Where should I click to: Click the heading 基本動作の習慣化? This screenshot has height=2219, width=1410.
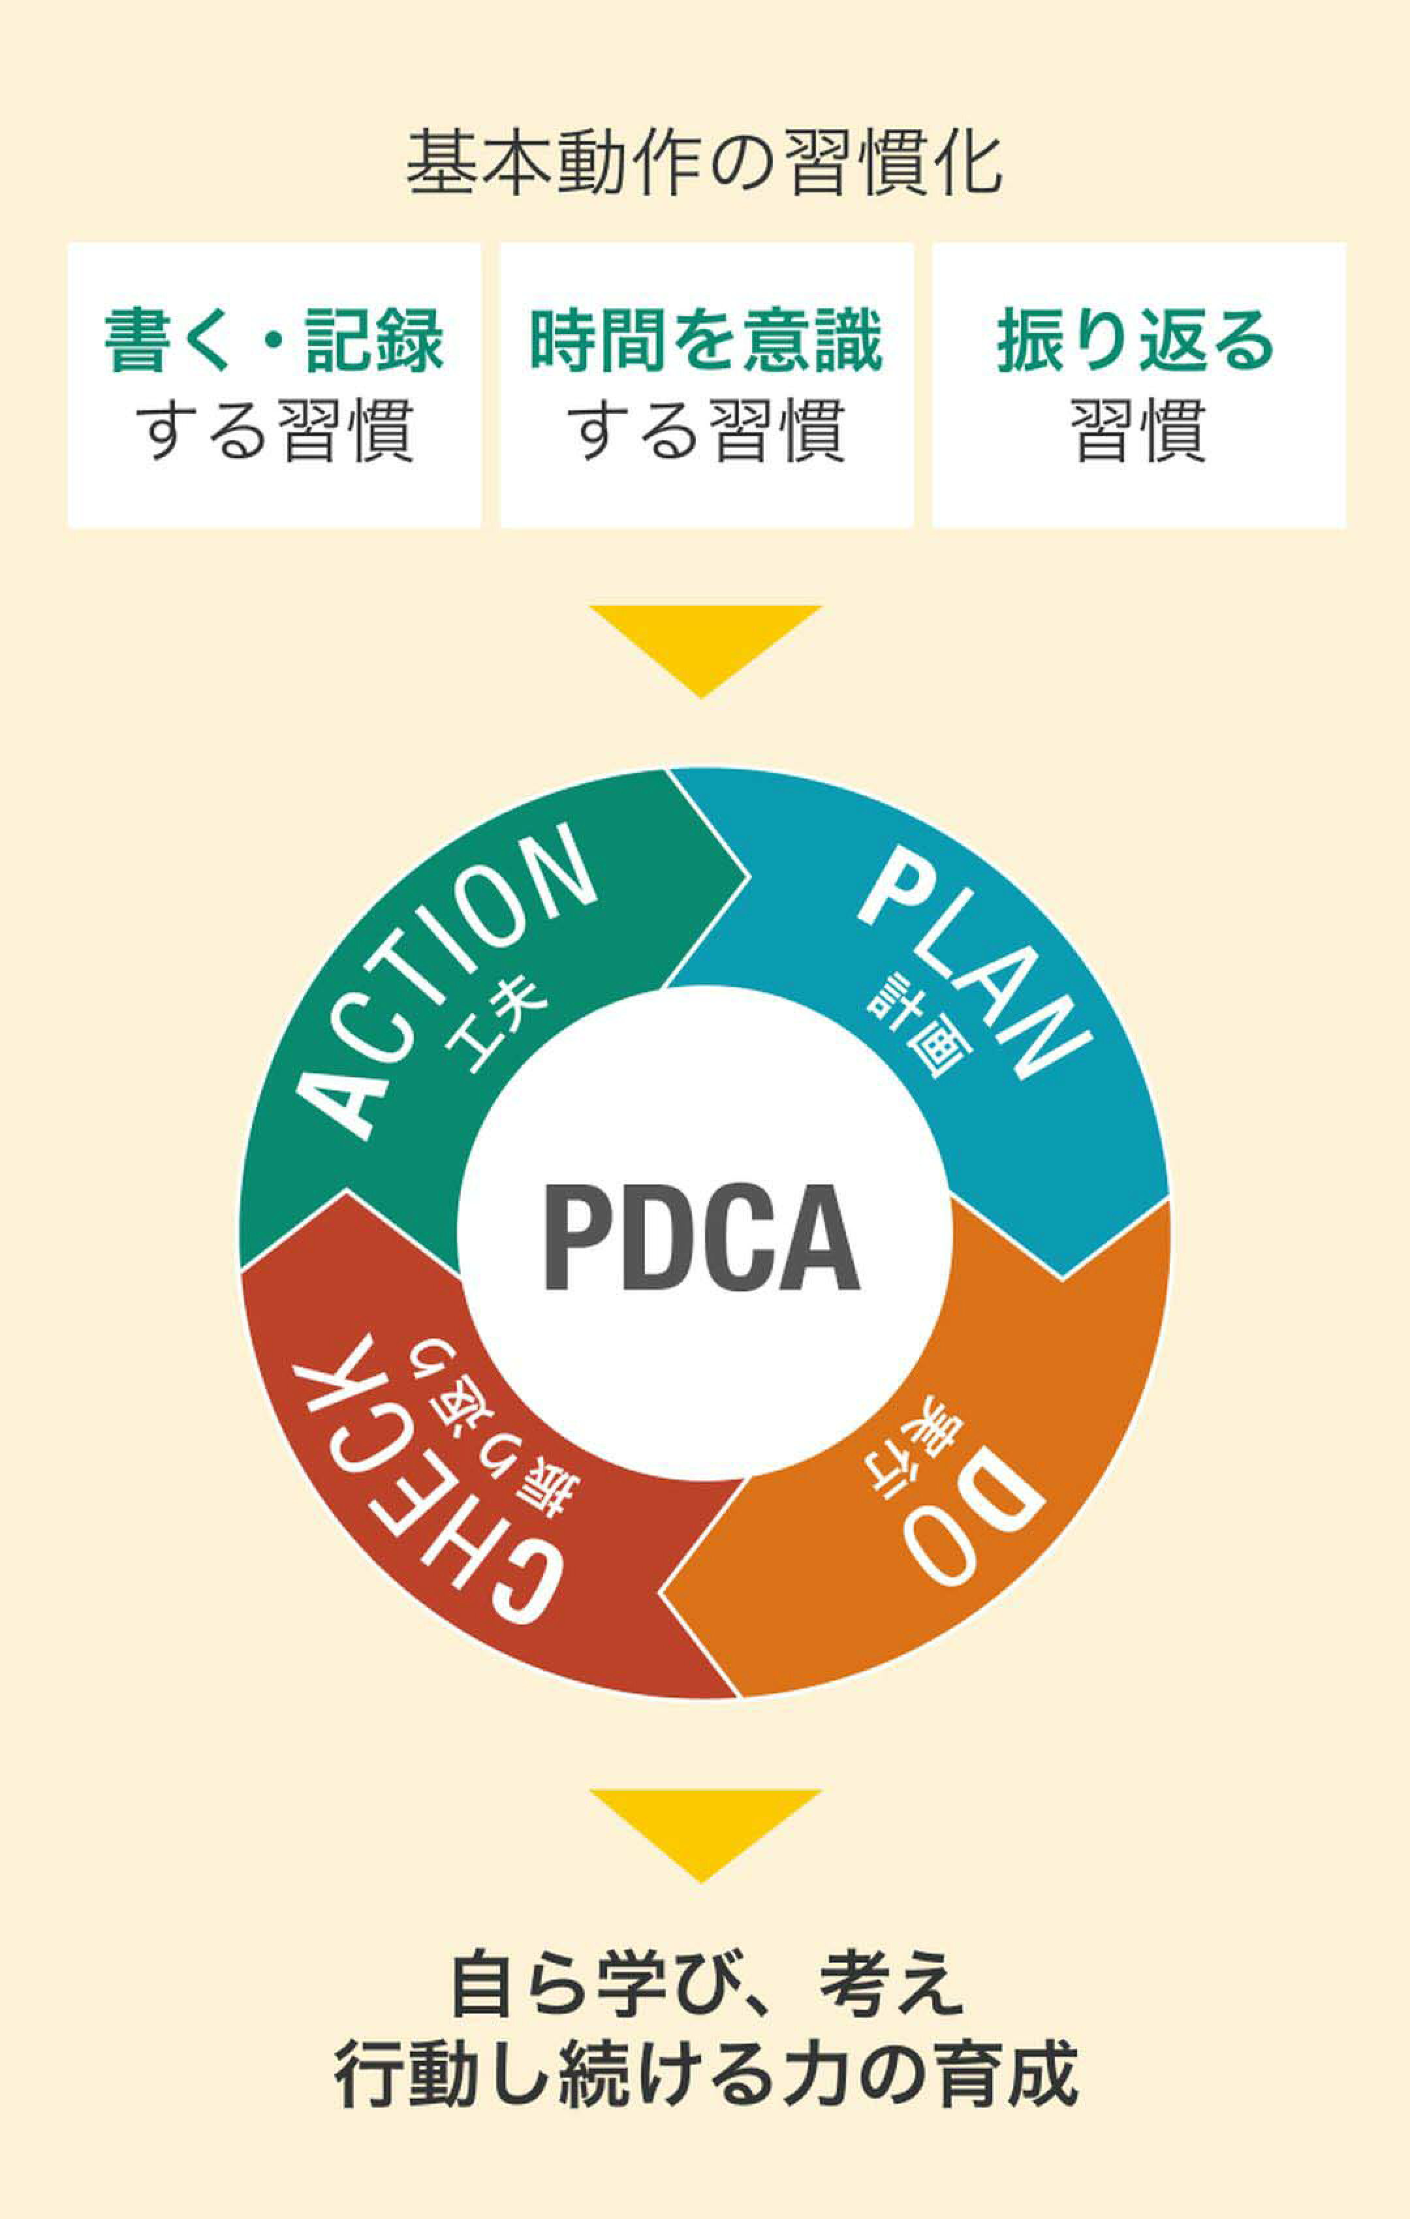(704, 163)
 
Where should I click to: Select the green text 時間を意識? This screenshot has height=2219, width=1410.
(706, 340)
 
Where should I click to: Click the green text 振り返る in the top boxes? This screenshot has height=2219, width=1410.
(1136, 340)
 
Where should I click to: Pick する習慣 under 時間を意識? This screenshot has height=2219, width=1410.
(706, 429)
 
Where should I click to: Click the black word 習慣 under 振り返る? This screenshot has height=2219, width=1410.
(1138, 429)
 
